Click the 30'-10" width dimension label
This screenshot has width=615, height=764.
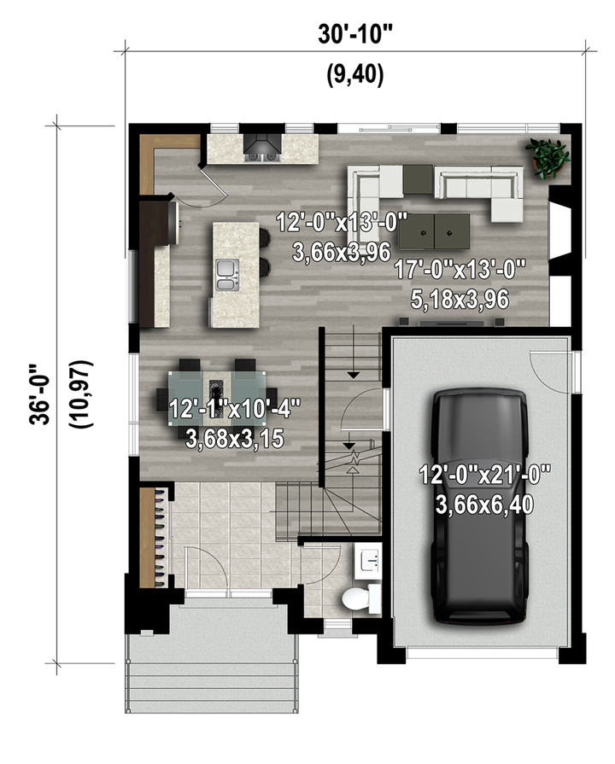[354, 33]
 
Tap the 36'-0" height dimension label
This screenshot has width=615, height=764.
[40, 394]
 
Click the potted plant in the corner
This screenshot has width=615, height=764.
[548, 158]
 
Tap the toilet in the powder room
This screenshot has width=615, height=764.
[361, 598]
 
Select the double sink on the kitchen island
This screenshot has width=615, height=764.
[227, 275]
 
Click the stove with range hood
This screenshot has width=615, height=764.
[262, 148]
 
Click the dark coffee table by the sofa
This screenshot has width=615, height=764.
[434, 230]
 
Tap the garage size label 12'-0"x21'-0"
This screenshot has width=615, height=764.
[485, 475]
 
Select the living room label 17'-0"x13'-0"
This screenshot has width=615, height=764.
[460, 269]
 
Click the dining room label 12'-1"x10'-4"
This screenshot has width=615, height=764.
[234, 408]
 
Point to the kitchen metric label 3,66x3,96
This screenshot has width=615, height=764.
[342, 253]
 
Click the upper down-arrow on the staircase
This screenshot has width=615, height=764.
[353, 375]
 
